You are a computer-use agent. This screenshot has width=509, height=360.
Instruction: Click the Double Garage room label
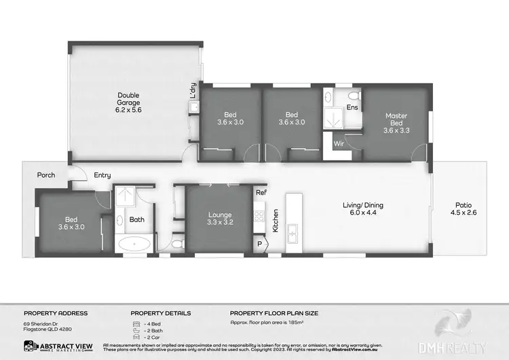coord(128,102)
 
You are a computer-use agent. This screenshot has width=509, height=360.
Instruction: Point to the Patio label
coord(464,210)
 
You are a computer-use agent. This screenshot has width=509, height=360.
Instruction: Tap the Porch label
coord(47,175)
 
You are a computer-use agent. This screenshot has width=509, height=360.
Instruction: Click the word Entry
coord(102,175)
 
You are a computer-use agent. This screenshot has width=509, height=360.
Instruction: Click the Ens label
coord(352,107)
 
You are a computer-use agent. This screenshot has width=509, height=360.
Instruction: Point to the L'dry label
coord(193,91)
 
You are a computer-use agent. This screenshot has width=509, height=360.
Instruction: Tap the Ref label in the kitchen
coord(261,193)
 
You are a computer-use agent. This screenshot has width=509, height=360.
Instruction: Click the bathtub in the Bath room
coord(135,243)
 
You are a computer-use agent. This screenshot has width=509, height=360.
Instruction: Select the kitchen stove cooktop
coord(259,217)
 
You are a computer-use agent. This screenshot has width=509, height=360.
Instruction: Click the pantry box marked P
coord(259,243)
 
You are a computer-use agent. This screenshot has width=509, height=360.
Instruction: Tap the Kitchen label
coord(276,221)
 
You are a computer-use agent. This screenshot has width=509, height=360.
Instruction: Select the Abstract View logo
coord(54,346)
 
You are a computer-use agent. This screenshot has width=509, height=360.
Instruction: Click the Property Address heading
coord(56,313)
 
